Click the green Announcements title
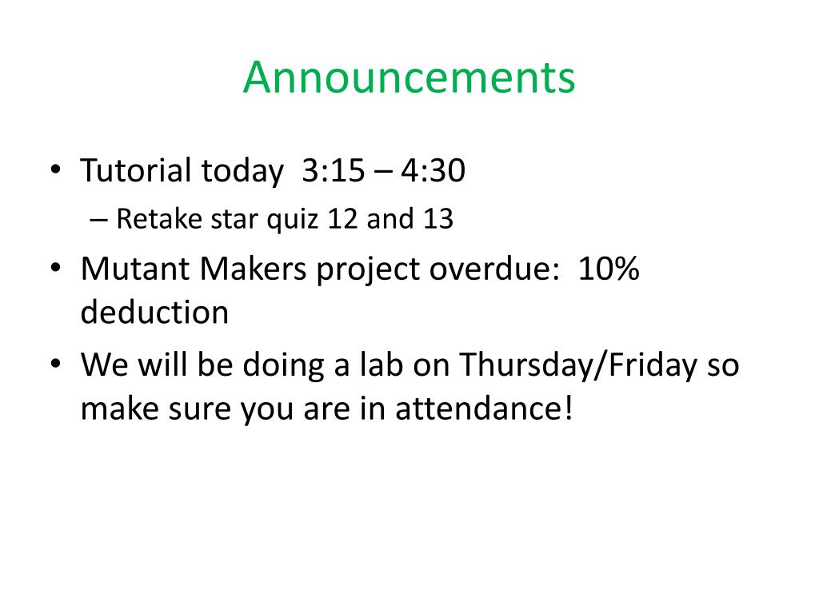click(409, 78)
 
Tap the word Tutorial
click(136, 170)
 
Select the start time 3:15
click(334, 170)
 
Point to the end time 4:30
click(433, 170)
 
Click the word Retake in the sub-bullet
click(159, 218)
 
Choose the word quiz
click(293, 219)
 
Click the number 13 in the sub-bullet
click(437, 219)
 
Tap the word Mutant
click(134, 269)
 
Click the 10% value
click(609, 269)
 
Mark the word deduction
click(154, 313)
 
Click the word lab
click(382, 364)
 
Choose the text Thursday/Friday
click(578, 365)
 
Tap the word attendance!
click(484, 409)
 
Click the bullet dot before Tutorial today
click(55, 170)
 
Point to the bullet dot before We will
click(55, 364)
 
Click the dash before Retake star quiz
click(98, 221)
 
